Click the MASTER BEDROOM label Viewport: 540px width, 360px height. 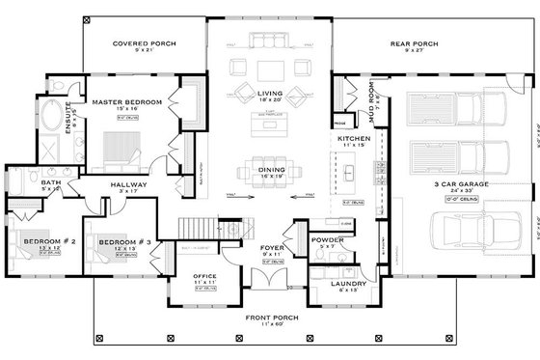coord(127,101)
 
